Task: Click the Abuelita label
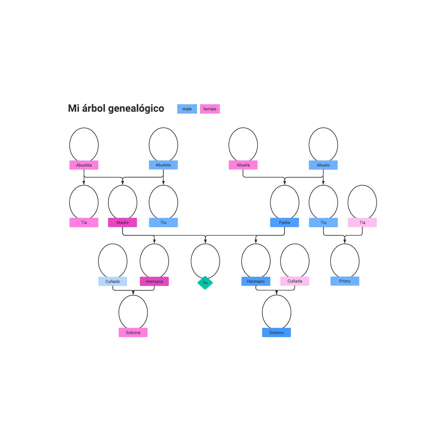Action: (84, 165)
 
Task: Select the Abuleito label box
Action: (163, 165)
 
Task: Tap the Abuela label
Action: (243, 165)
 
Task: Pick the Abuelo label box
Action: (323, 165)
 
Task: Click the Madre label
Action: (123, 223)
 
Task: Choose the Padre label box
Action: (285, 223)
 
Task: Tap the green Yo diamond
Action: (205, 283)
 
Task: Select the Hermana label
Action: (154, 281)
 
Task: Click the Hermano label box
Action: (256, 281)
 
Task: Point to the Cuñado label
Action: (113, 281)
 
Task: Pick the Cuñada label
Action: (295, 281)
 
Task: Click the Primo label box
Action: (345, 281)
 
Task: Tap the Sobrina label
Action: (133, 333)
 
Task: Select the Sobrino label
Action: (277, 333)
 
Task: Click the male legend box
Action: (187, 109)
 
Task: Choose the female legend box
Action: (210, 109)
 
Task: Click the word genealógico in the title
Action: (136, 109)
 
